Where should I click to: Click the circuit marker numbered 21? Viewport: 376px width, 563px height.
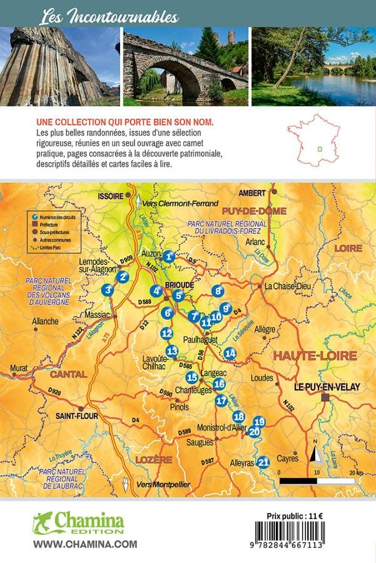263,462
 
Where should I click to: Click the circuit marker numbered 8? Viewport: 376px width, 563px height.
218,290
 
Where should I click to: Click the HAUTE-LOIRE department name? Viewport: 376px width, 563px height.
315,356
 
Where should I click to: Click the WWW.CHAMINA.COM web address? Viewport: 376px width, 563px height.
84,544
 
